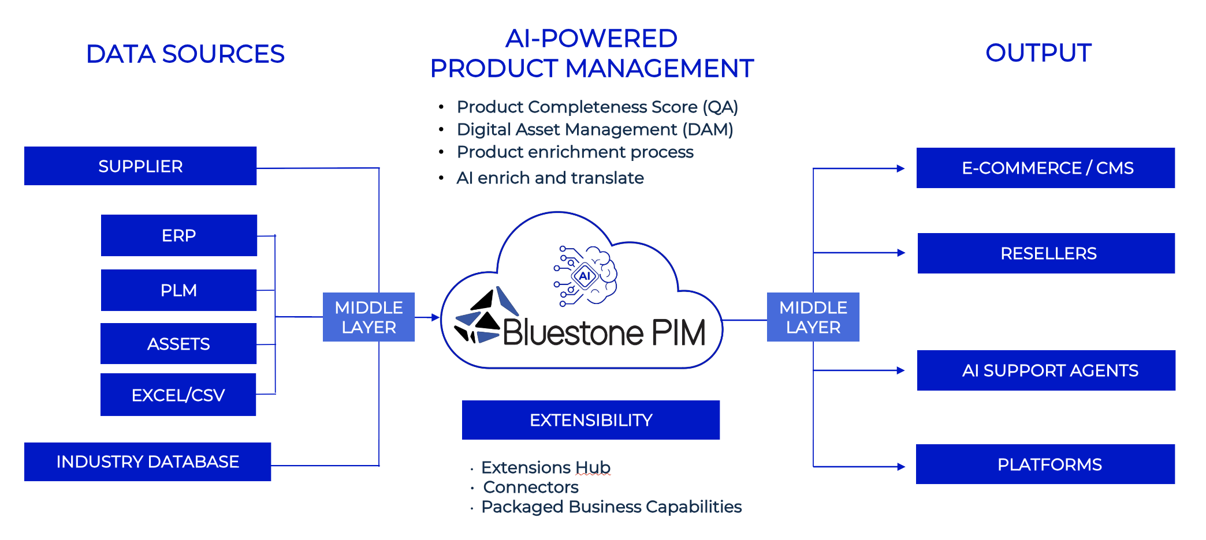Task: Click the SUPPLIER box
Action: pos(140,166)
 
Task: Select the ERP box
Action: pos(179,235)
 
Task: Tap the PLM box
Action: pos(178,290)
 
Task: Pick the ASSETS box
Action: pos(178,344)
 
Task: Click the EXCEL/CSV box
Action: pos(178,395)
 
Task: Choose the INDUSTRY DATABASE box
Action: pos(147,462)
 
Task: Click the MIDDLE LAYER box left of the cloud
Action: pos(368,317)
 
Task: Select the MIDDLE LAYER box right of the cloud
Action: pos(813,317)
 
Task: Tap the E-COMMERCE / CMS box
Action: pos(1045,168)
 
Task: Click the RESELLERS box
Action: pos(1046,253)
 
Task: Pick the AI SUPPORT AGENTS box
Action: pos(1046,370)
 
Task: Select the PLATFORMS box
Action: pos(1045,464)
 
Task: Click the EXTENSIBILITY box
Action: pos(591,420)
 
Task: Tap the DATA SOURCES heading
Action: pos(185,54)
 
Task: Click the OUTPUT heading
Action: pos(1038,53)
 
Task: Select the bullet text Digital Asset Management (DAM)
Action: pos(594,130)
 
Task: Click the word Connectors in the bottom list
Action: pos(530,487)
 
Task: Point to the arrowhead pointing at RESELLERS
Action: pos(901,253)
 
